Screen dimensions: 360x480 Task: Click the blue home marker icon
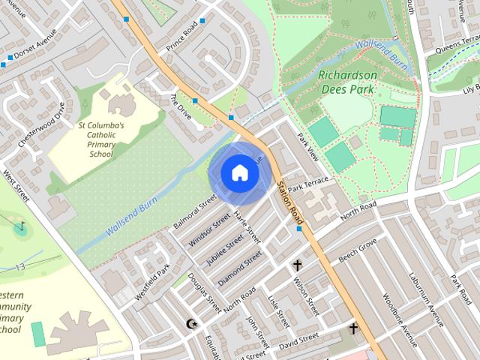click(239, 172)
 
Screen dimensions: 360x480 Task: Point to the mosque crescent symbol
click(190, 324)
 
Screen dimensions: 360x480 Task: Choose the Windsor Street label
click(210, 229)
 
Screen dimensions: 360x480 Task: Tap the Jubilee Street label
click(224, 249)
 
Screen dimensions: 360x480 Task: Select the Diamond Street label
click(239, 268)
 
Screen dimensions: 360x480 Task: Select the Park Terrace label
click(307, 184)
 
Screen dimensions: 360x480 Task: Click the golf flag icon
click(22, 225)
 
